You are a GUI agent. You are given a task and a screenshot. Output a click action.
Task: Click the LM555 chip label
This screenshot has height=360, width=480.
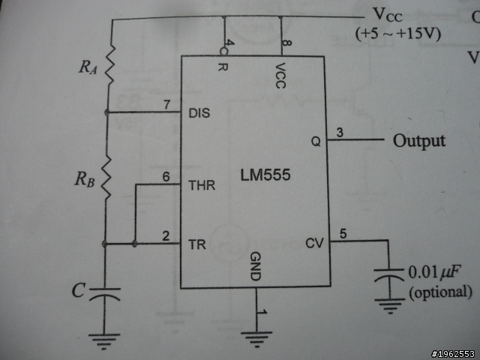265,175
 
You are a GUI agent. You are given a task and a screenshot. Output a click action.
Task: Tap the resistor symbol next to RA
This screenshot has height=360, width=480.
109,64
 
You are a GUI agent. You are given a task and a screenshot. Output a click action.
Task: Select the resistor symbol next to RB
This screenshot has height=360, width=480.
106,178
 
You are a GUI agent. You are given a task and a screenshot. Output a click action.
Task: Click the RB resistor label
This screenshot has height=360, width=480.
85,179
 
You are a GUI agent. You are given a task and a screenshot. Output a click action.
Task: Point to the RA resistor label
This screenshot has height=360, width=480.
88,67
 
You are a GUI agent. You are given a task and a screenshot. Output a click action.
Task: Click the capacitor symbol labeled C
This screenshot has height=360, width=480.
105,293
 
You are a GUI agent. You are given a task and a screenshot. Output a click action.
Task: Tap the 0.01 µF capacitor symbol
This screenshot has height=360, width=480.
389,274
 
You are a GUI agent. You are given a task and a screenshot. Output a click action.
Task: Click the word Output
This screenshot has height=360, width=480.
419,142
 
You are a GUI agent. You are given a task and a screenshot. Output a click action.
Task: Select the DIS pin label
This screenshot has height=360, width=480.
199,113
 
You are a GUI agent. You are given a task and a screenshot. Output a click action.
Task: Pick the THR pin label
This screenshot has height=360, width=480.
202,185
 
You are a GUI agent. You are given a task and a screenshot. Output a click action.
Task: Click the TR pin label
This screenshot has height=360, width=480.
196,244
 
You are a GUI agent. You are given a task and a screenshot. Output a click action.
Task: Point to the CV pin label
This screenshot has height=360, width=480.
314,243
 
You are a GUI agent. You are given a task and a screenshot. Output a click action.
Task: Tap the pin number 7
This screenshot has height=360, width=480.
166,105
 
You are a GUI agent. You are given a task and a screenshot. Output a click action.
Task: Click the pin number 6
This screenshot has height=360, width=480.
166,177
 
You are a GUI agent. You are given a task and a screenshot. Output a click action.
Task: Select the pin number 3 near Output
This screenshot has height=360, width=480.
340,133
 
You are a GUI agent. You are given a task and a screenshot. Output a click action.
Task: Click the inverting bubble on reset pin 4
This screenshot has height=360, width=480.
224,52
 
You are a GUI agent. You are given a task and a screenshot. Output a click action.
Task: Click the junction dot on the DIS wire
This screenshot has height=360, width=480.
106,112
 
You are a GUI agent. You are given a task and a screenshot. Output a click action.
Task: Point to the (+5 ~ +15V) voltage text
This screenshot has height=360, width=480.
398,34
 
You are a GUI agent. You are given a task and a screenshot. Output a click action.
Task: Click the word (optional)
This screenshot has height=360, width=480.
441,292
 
